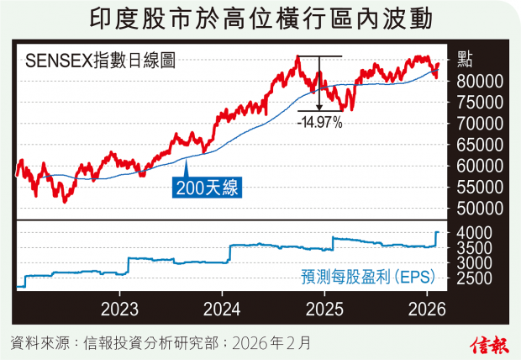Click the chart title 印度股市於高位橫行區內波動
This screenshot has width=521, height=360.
click(x=260, y=19)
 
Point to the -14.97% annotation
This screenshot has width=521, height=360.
click(x=319, y=123)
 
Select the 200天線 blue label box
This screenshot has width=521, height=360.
click(x=207, y=188)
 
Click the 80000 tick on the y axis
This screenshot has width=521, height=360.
click(x=482, y=81)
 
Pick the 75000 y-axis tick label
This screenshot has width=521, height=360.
click(x=482, y=102)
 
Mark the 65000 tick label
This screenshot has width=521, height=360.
click(x=482, y=144)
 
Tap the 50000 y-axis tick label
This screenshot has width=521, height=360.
click(x=482, y=208)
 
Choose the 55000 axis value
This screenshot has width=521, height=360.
click(x=482, y=187)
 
